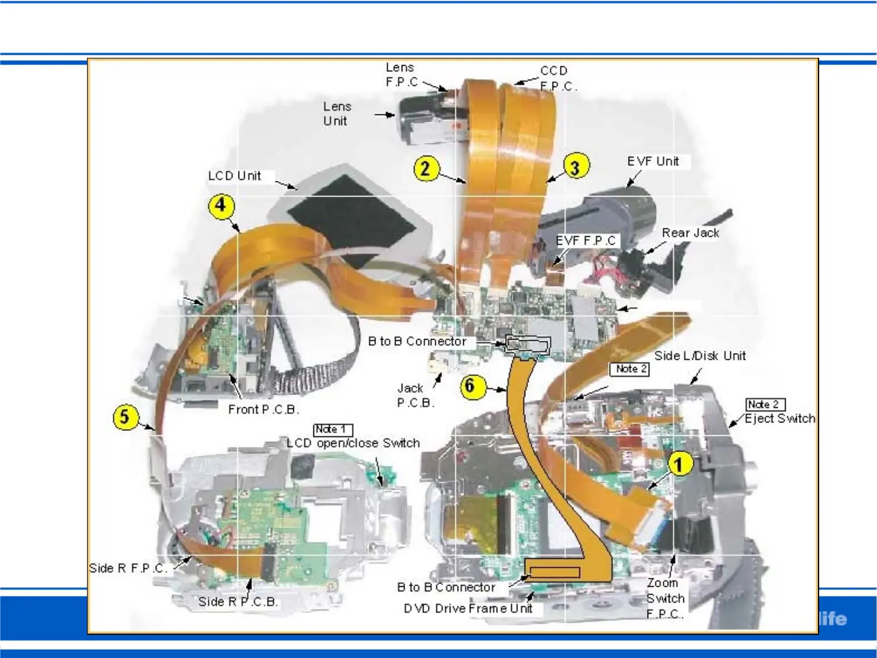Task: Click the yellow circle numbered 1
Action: click(680, 464)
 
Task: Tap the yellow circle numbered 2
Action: click(425, 167)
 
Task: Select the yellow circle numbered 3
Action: click(576, 166)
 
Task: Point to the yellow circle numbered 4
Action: click(221, 205)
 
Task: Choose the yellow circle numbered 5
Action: click(125, 417)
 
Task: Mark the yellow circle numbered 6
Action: click(470, 386)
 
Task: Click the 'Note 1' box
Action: click(332, 429)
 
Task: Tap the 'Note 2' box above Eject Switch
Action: click(765, 404)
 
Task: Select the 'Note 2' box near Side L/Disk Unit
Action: click(629, 369)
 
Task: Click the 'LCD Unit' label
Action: click(234, 176)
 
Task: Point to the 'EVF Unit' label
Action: click(653, 161)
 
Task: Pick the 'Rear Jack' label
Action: click(690, 233)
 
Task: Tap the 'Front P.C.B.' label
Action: click(264, 410)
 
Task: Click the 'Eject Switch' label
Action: click(780, 419)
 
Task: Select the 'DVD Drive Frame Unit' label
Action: click(468, 609)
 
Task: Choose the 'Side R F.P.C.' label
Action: click(128, 568)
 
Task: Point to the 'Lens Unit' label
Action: click(337, 114)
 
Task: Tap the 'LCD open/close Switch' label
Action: click(353, 443)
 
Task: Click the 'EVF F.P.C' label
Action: click(586, 241)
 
